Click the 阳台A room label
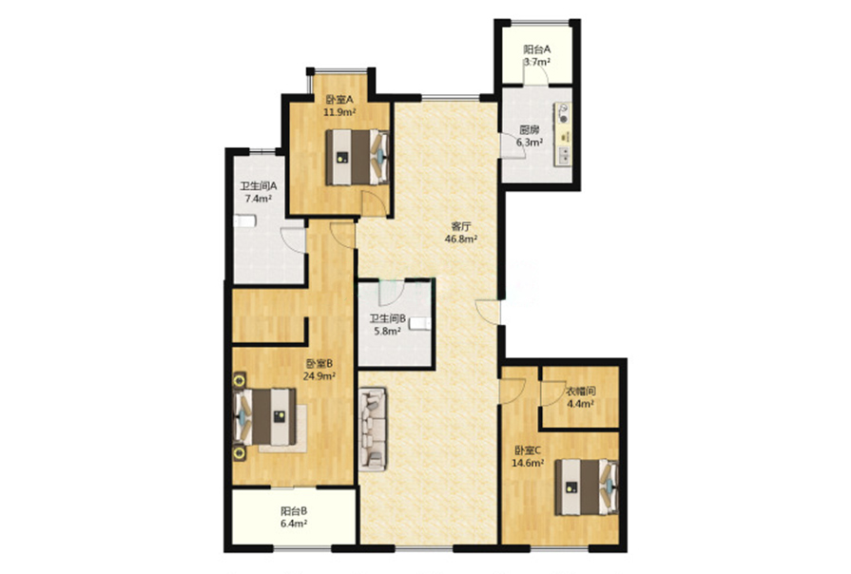pos(537,48)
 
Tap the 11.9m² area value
pos(339,112)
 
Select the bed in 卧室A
pos(358,157)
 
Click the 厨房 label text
pos(530,129)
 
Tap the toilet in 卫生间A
pos(244,220)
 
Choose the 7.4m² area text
pos(258,198)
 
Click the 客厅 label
pos(461,226)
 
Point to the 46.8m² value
pos(461,239)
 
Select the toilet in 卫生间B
pos(420,323)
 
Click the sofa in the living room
pos(373,429)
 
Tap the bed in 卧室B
pos(264,417)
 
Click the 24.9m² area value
pos(319,375)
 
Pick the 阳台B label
pos(294,510)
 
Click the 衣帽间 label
pos(581,392)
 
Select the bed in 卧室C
pos(587,488)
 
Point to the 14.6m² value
pos(528,463)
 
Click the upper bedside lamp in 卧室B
pos(239,380)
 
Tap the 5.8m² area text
pos(387,331)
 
